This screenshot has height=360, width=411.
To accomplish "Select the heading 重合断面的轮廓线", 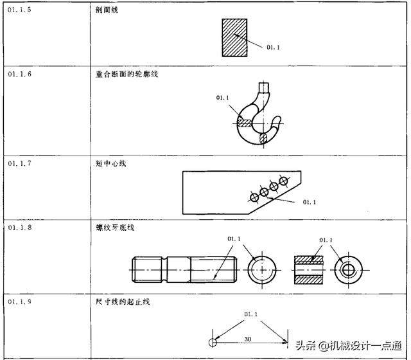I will [123, 75].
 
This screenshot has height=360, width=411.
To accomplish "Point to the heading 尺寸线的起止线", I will [119, 301].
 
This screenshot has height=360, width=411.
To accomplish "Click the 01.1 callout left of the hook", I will [223, 98].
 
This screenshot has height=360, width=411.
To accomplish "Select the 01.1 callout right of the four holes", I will [310, 202].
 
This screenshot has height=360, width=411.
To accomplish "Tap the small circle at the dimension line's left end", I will [212, 343].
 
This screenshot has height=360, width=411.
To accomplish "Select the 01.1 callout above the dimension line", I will [250, 314].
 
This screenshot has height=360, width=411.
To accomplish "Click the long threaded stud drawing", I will [184, 268].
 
